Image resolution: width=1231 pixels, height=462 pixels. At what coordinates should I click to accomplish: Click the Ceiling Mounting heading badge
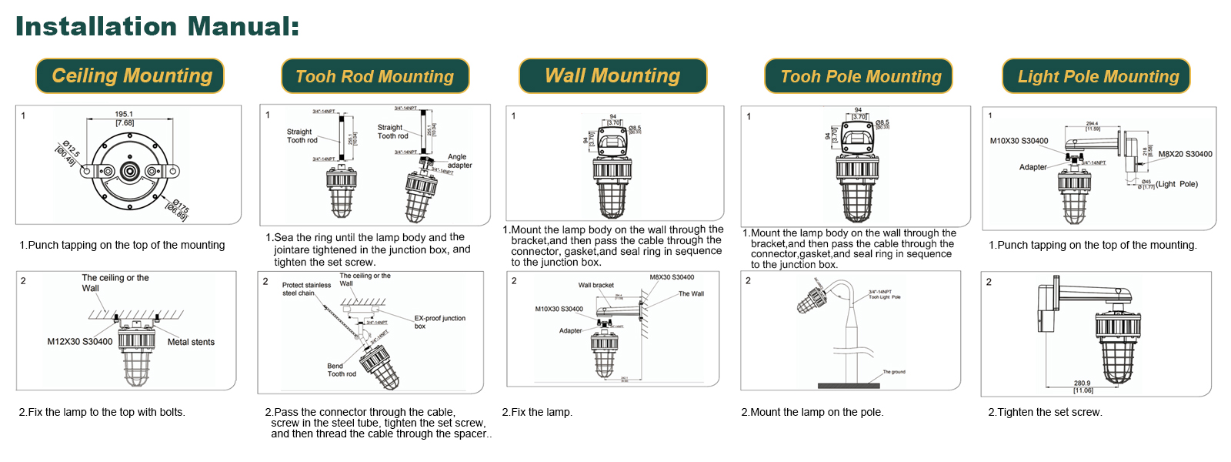pyautogui.click(x=130, y=76)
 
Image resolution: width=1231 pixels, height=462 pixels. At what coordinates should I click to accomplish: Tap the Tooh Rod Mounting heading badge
pyautogui.click(x=375, y=76)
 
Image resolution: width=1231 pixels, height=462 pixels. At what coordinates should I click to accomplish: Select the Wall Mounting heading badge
pyautogui.click(x=612, y=76)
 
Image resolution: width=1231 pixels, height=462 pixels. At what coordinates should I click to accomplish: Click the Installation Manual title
pyautogui.click(x=157, y=26)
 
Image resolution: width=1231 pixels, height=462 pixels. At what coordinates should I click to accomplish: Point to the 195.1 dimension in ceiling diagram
pyautogui.click(x=124, y=114)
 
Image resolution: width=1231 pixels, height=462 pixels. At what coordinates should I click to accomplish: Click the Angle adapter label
pyautogui.click(x=459, y=161)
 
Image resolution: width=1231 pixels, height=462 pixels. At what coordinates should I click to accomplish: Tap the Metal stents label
pyautogui.click(x=191, y=342)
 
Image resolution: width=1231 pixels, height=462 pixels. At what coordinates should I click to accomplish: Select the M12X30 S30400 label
pyautogui.click(x=79, y=342)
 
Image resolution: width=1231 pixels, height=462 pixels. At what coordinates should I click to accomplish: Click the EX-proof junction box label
pyautogui.click(x=439, y=322)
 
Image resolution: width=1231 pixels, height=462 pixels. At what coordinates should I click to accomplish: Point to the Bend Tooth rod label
pyautogui.click(x=341, y=370)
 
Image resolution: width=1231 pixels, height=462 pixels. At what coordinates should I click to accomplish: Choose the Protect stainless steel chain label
pyautogui.click(x=306, y=289)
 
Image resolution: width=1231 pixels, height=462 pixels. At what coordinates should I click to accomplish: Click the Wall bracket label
pyautogui.click(x=596, y=285)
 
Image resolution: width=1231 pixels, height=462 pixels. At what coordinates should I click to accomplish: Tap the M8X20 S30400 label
pyautogui.click(x=1185, y=154)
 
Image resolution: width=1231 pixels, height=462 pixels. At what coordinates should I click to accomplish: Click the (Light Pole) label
pyautogui.click(x=1176, y=184)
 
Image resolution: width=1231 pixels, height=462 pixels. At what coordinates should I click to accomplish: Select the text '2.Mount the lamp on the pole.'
pyautogui.click(x=812, y=413)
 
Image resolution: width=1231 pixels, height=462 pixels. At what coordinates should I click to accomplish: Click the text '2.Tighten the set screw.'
pyautogui.click(x=1045, y=413)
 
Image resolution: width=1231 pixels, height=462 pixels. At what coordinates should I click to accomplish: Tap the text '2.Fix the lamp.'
pyautogui.click(x=537, y=413)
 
